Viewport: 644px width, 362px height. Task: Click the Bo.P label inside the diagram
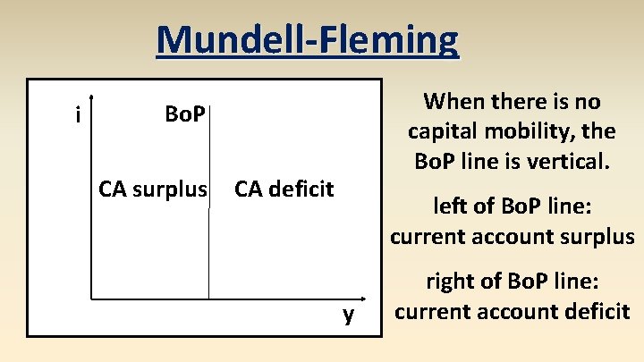185,114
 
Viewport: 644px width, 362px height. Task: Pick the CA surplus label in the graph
153,189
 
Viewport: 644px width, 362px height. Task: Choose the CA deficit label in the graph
284,189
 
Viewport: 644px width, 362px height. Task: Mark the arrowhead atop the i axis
92,99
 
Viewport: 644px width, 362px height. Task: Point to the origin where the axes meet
92,298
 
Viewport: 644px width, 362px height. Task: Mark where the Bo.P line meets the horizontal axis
208,298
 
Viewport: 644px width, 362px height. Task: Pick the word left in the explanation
449,205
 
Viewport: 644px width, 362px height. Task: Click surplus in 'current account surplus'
597,237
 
